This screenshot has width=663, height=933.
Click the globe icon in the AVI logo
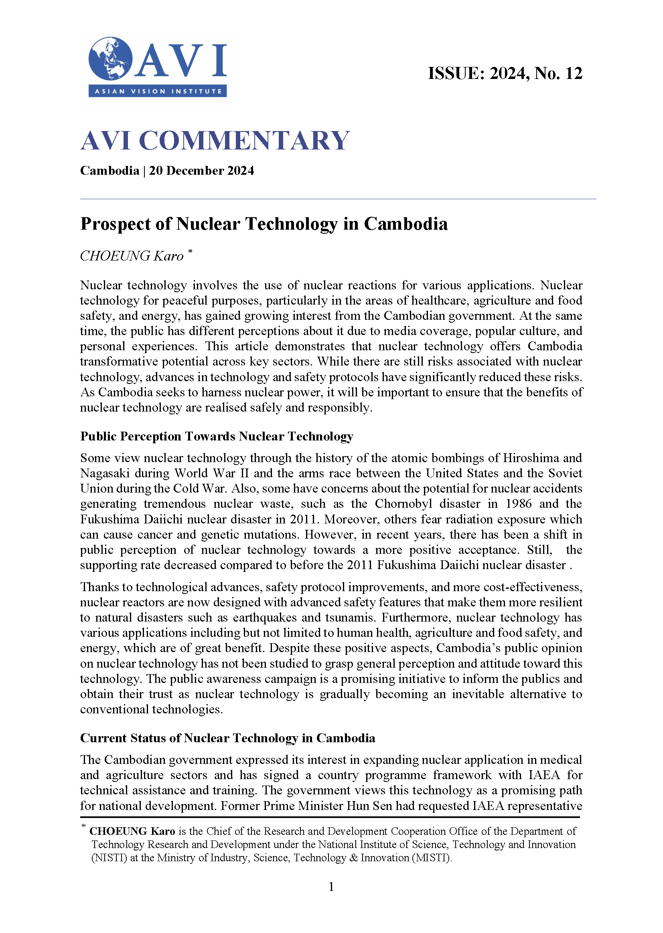[110, 59]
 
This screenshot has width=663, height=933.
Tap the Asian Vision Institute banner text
[158, 91]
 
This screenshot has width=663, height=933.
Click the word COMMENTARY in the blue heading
[244, 140]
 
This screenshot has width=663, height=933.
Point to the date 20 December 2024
[201, 170]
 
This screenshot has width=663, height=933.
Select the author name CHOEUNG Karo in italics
[132, 256]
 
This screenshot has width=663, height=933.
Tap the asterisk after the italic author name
[190, 252]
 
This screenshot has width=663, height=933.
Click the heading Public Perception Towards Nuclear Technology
[216, 436]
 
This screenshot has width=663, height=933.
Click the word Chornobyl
[403, 504]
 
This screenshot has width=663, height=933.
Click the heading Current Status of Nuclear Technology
[227, 738]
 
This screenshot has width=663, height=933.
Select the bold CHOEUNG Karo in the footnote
[132, 831]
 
